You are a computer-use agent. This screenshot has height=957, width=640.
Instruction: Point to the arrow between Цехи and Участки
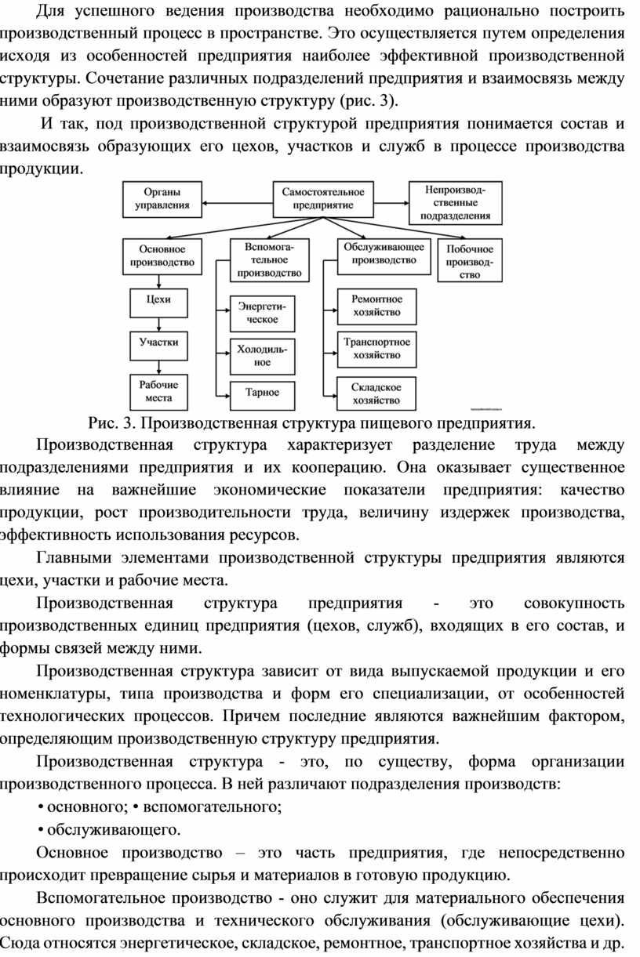click(159, 324)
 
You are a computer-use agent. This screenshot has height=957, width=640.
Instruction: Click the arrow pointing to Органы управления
click(238, 203)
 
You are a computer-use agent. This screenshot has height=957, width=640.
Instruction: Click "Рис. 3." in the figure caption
click(112, 423)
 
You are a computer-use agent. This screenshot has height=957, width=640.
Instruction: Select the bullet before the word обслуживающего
click(41, 830)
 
